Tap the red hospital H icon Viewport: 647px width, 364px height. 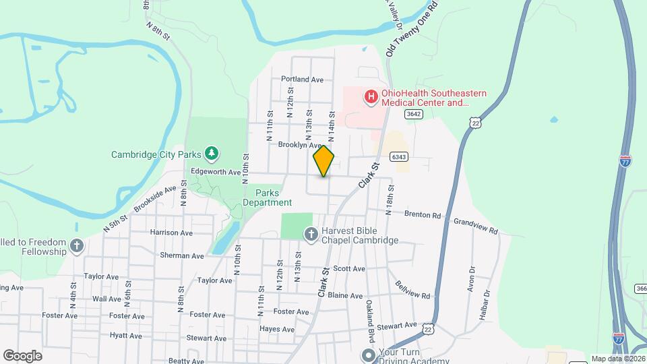click(x=370, y=98)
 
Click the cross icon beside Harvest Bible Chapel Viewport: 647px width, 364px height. click(x=311, y=235)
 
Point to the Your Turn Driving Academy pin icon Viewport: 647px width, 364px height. click(x=368, y=355)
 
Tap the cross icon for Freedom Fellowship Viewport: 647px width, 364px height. click(x=77, y=246)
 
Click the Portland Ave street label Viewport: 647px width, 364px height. click(x=303, y=79)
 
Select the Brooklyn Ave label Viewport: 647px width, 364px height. click(x=300, y=145)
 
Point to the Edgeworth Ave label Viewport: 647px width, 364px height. click(x=216, y=172)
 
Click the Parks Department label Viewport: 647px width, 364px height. click(x=268, y=197)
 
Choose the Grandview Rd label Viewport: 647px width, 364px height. click(x=475, y=226)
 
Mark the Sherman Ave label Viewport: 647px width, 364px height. click(x=182, y=256)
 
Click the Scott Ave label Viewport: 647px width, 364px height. click(x=349, y=268)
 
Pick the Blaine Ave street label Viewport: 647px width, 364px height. click(x=345, y=296)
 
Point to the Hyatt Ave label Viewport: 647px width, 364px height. click(x=126, y=336)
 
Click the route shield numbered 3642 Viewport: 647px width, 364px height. click(x=414, y=114)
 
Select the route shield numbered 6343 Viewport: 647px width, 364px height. click(x=400, y=157)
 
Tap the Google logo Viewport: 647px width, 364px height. click(x=23, y=356)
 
